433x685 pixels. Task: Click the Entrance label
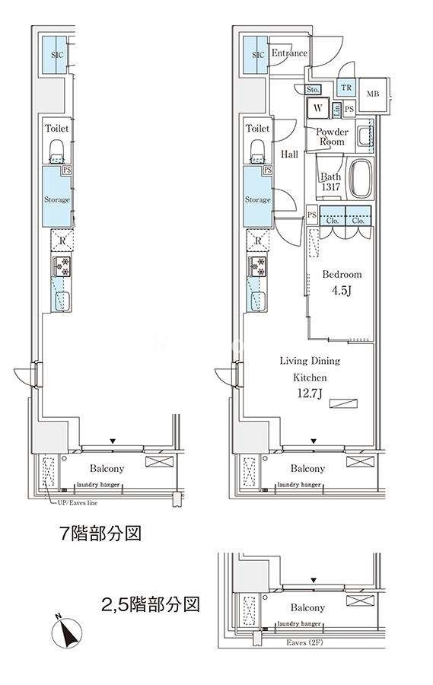[x=289, y=53]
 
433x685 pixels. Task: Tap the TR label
[x=346, y=88]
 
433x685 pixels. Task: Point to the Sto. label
[x=313, y=90]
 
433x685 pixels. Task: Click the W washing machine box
[x=318, y=109]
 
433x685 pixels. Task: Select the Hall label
[x=290, y=155]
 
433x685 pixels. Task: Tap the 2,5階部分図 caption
[x=151, y=606]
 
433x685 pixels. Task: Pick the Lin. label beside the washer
[x=336, y=110]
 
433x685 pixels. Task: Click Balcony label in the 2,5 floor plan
[x=307, y=607]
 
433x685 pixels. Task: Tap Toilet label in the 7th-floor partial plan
[x=56, y=129]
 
